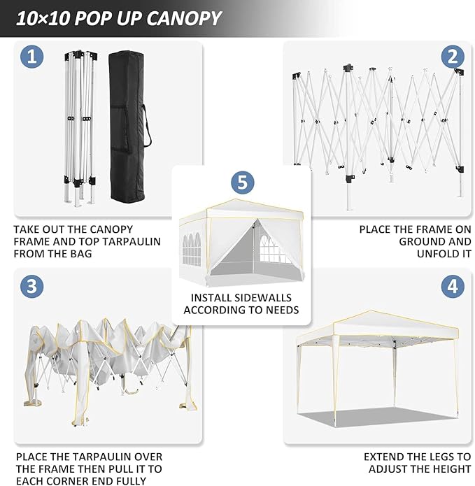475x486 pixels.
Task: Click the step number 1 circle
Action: click(x=31, y=57)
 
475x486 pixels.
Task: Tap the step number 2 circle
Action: click(x=453, y=57)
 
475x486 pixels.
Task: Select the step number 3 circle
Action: click(x=31, y=286)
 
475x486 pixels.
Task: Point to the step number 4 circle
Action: click(x=453, y=286)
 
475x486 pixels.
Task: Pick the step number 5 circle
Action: click(x=241, y=183)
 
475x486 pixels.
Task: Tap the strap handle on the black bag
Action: click(x=147, y=126)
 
